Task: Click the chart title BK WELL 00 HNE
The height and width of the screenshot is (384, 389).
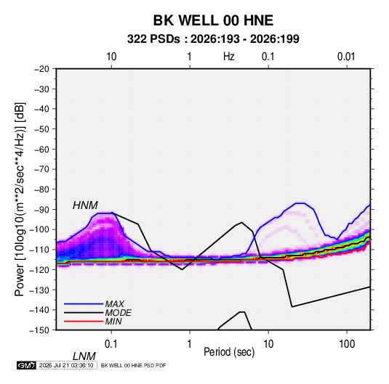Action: [213, 20]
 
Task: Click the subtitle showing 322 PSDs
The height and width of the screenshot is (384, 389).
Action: [213, 39]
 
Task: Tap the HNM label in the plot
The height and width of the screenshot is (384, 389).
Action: [85, 205]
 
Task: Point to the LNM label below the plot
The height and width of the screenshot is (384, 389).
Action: [84, 356]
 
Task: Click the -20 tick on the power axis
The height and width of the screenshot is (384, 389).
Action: [41, 69]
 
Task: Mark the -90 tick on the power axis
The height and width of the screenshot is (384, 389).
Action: [41, 209]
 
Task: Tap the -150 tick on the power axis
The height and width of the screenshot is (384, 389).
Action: [39, 330]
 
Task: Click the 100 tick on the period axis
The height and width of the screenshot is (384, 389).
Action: [347, 344]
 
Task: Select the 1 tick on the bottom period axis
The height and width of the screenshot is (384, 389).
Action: [190, 344]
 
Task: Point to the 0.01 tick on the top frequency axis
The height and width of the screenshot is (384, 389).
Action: [346, 57]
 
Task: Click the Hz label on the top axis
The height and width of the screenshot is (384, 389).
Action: [229, 57]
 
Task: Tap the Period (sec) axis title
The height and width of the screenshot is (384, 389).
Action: [229, 352]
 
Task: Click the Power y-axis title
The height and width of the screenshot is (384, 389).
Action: [20, 200]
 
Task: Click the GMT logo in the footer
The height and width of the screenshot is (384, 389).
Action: [27, 365]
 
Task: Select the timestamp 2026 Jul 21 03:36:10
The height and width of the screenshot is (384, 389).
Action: [66, 365]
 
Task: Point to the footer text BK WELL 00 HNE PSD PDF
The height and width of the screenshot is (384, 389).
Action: [134, 365]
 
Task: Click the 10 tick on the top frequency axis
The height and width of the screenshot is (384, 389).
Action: [111, 57]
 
